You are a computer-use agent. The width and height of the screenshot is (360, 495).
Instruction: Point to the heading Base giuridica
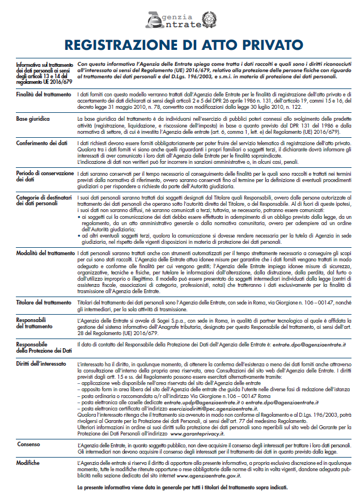(x=33, y=120)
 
